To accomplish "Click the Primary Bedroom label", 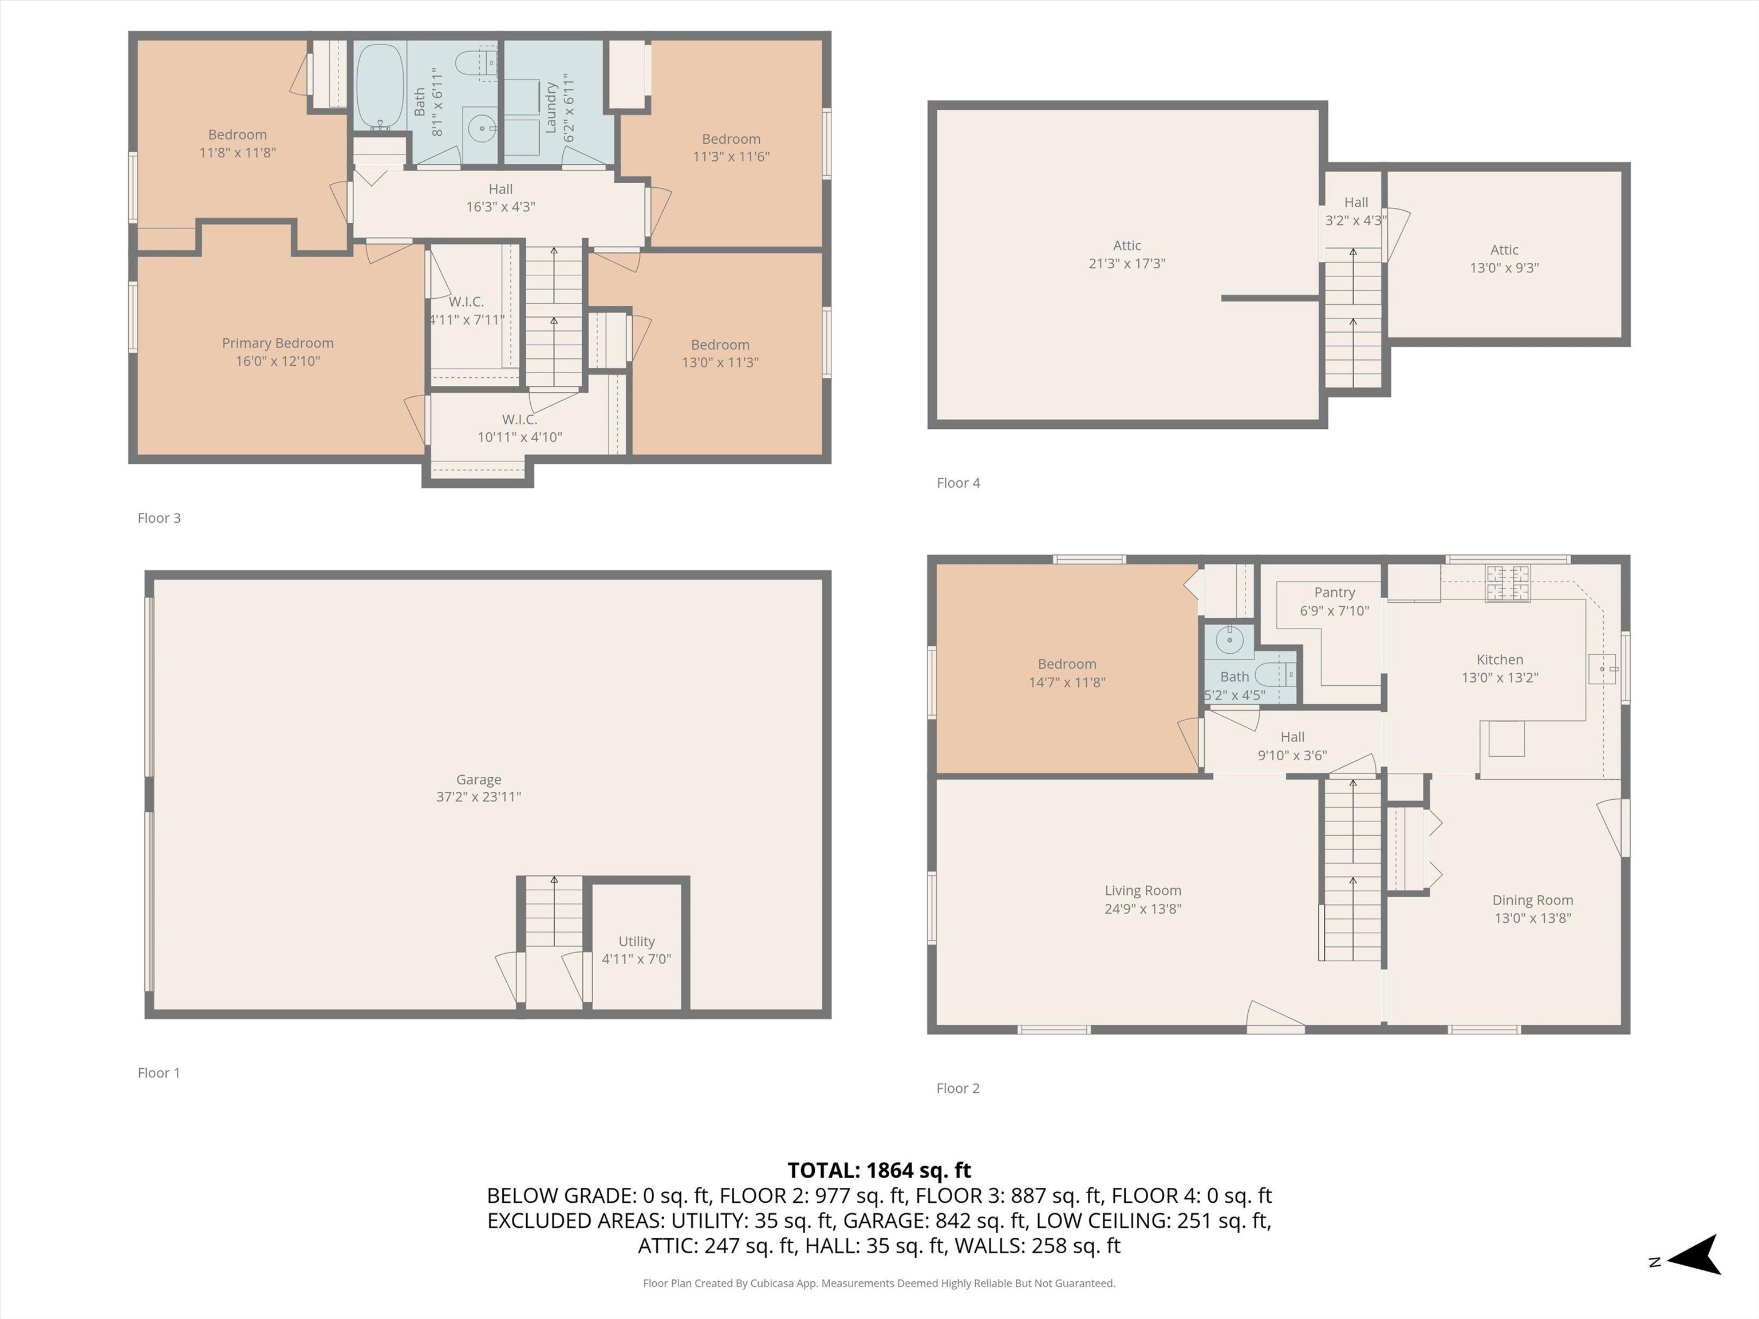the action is pyautogui.click(x=278, y=343).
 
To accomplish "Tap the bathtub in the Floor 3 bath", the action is pyautogui.click(x=380, y=86).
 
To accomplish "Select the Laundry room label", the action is pyautogui.click(x=550, y=107).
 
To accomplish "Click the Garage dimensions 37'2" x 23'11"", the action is pyautogui.click(x=479, y=797).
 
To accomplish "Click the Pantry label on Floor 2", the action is pyautogui.click(x=1334, y=593).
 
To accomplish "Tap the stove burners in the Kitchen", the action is pyautogui.click(x=1508, y=582).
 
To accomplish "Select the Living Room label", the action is pyautogui.click(x=1143, y=890).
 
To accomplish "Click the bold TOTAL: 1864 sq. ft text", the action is pyautogui.click(x=879, y=1170).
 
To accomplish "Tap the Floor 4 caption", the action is pyautogui.click(x=958, y=483).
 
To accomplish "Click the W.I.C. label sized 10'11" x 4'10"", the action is pyautogui.click(x=519, y=419).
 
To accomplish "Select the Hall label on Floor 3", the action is pyautogui.click(x=500, y=189).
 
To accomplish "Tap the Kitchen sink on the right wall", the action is pyautogui.click(x=1602, y=669).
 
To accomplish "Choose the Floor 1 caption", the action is pyautogui.click(x=159, y=1072).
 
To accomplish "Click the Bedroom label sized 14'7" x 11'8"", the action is pyautogui.click(x=1067, y=664).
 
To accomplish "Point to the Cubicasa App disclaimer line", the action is pyautogui.click(x=879, y=1284).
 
